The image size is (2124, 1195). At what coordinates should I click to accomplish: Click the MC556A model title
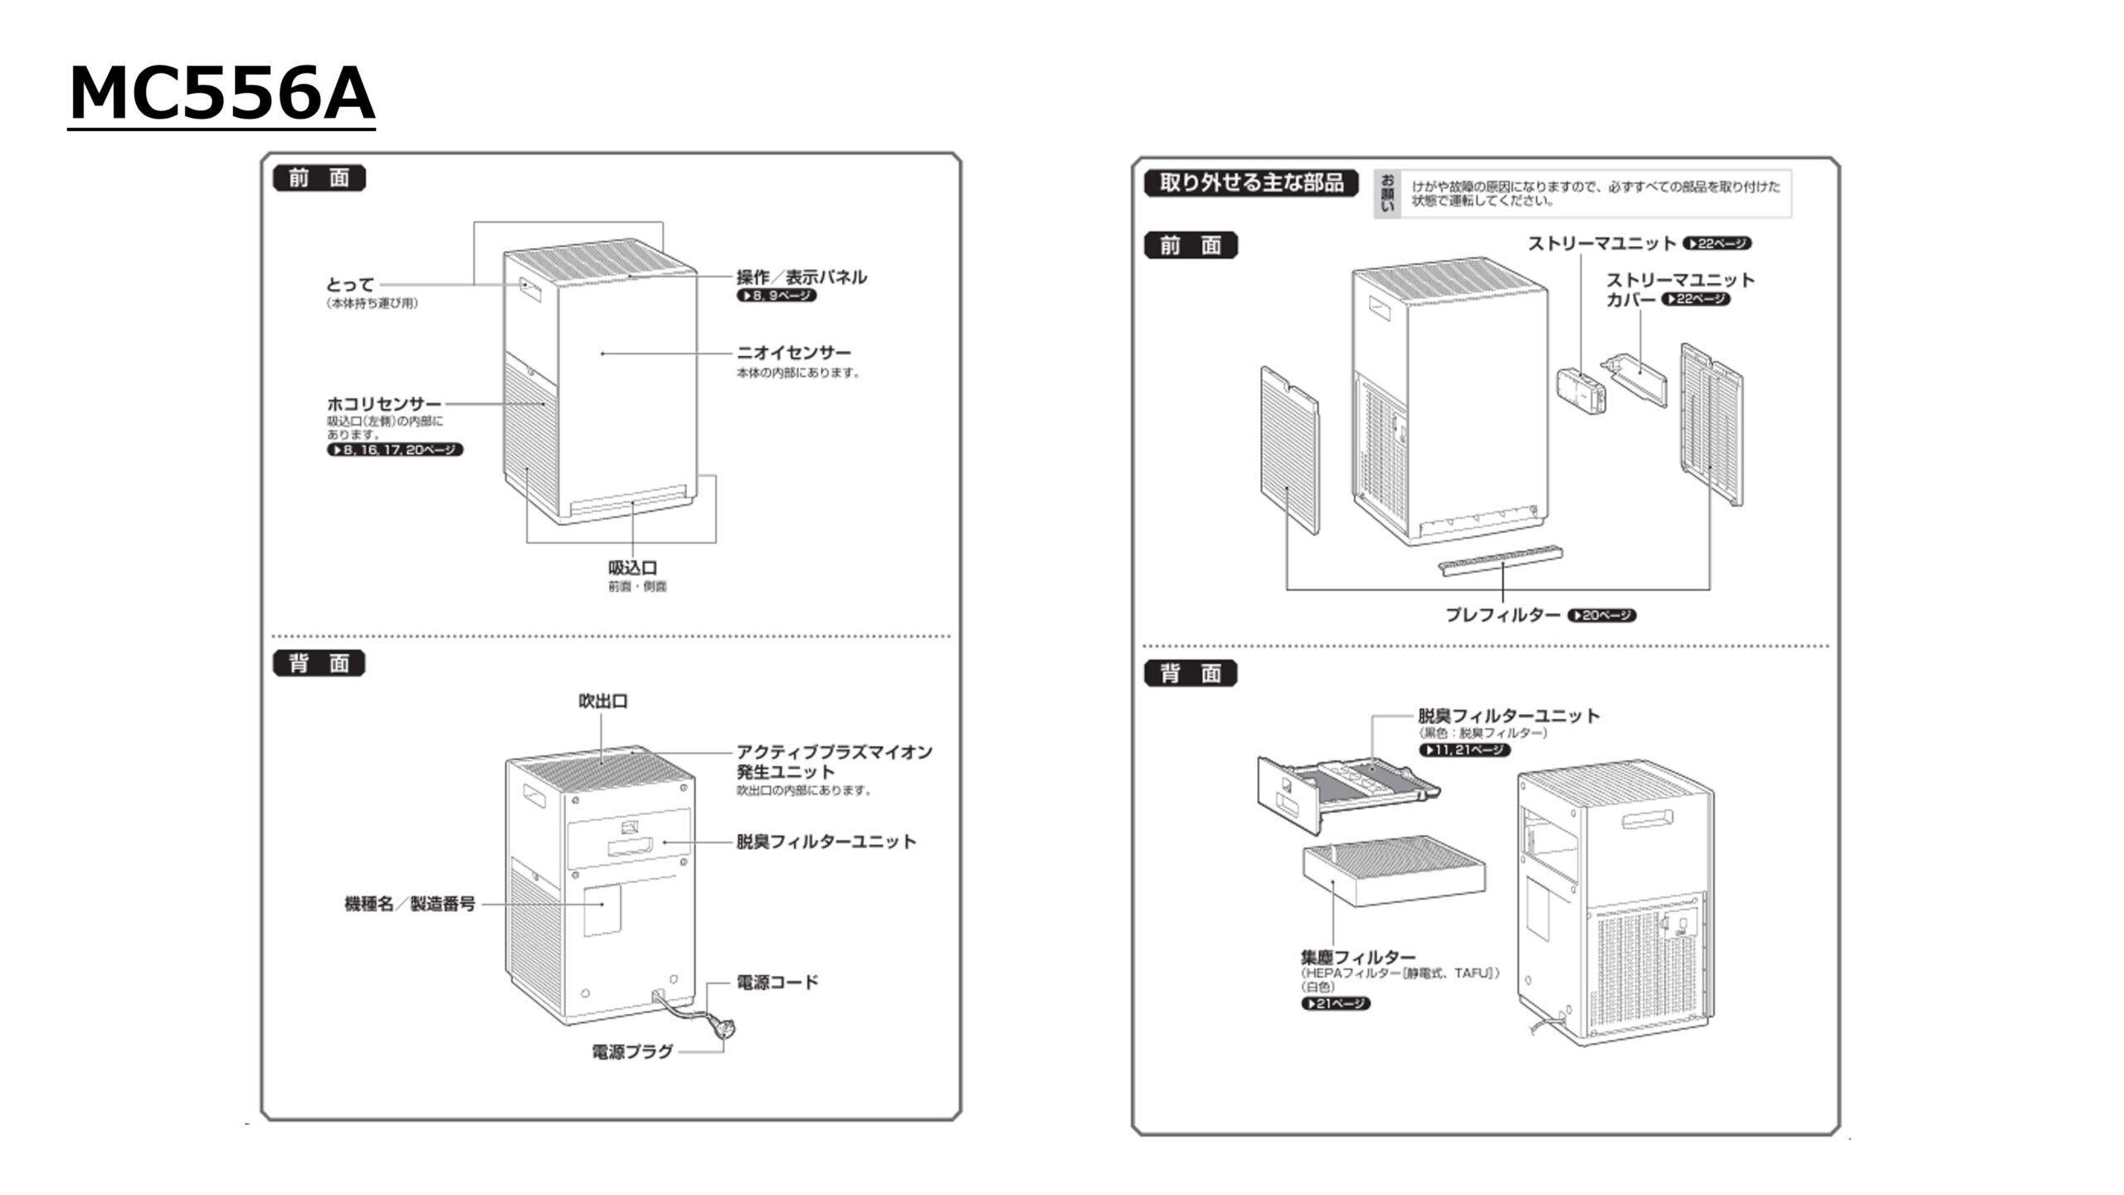pos(222,94)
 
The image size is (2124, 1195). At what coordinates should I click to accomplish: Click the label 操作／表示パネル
pos(801,277)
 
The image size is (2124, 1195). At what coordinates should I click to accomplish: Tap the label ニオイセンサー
pos(794,353)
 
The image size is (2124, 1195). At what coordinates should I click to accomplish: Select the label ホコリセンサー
pos(383,404)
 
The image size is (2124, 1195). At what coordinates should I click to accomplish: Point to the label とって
pos(350,285)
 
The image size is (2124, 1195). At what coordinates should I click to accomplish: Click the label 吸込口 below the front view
pos(633,568)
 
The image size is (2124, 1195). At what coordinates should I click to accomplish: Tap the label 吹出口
pos(603,701)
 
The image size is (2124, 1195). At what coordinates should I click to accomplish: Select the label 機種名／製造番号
pos(410,904)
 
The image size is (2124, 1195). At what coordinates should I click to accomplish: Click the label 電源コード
pos(777,983)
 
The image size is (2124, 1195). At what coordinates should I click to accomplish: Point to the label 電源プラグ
pos(632,1051)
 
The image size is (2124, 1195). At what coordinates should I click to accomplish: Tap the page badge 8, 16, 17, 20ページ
pos(395,450)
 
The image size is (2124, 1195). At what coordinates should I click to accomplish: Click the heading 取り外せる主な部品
pos(1251,183)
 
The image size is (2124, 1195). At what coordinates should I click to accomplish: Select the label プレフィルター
pos(1503,615)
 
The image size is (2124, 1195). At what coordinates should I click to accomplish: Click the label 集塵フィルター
pos(1358,957)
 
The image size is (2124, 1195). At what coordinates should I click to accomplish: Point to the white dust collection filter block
pos(1394,872)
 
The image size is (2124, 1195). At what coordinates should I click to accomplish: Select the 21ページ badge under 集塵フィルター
pos(1336,1003)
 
